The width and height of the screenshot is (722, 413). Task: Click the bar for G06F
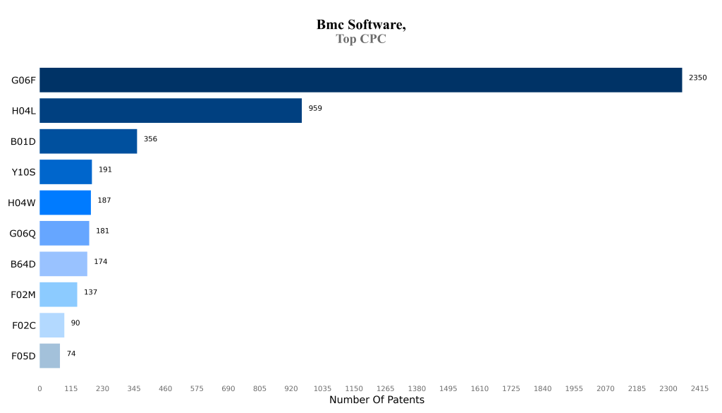[360, 80]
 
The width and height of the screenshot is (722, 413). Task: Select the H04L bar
[171, 111]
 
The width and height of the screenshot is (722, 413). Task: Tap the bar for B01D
[88, 141]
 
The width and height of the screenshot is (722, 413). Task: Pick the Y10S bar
[66, 172]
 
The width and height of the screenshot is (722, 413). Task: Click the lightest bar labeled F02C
[51, 325]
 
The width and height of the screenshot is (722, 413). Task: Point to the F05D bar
[49, 356]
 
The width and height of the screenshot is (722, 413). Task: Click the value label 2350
[697, 78]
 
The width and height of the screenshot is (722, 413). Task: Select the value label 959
[315, 108]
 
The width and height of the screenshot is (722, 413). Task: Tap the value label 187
[104, 200]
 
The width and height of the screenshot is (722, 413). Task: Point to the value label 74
[71, 354]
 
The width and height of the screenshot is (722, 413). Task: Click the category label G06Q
[22, 234]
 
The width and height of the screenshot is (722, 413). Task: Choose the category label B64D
[23, 264]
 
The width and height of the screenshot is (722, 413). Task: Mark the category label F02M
[23, 294]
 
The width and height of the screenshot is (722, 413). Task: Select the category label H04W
[21, 203]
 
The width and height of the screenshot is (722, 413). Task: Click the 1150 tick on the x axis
[354, 388]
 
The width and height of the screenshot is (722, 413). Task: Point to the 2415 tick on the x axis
[699, 388]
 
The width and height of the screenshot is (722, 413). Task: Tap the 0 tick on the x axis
[39, 388]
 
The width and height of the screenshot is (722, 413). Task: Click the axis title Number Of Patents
[377, 400]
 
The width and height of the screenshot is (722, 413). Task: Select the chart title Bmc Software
[361, 25]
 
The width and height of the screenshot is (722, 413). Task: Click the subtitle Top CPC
[361, 40]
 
